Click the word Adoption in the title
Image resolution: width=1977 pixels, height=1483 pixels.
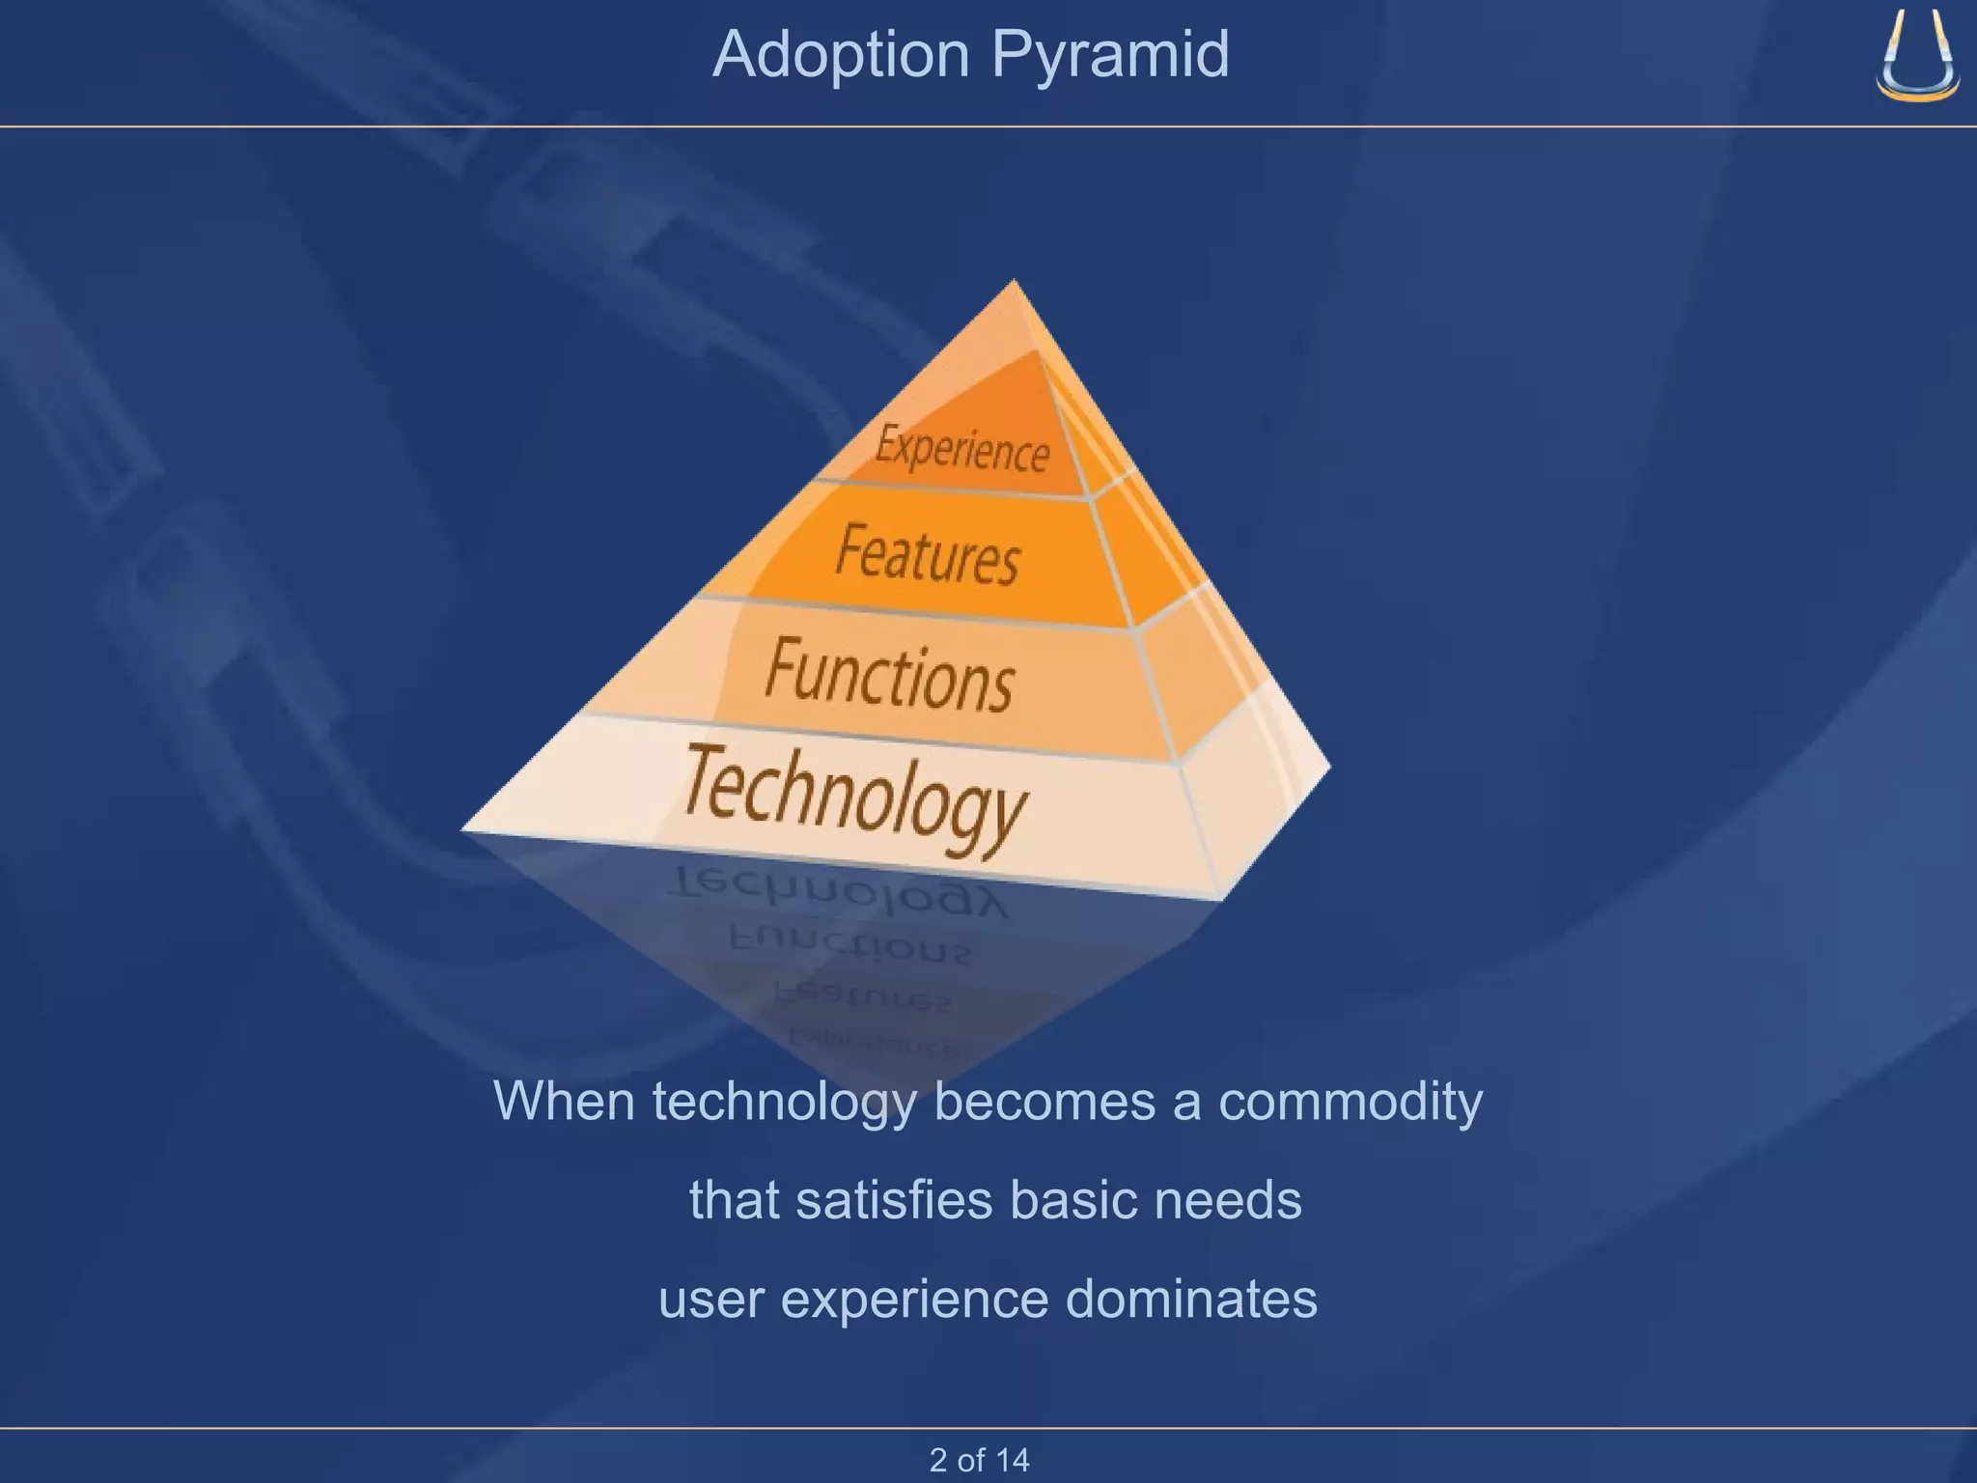(x=841, y=55)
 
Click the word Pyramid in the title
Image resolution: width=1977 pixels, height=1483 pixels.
(x=1111, y=55)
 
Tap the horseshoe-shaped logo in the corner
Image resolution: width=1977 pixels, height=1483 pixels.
(x=1917, y=56)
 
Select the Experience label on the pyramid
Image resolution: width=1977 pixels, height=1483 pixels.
(x=962, y=449)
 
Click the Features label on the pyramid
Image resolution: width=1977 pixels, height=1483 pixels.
(x=927, y=554)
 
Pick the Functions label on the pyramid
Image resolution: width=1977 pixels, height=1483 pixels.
(x=889, y=676)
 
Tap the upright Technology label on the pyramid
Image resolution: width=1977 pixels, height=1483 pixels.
(x=854, y=797)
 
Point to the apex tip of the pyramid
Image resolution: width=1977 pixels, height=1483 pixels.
(x=1014, y=282)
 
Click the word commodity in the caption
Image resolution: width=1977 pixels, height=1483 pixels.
(x=1350, y=1101)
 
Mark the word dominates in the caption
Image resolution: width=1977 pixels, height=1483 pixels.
(x=1191, y=1299)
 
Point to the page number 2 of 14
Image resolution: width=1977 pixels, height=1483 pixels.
(x=979, y=1460)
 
